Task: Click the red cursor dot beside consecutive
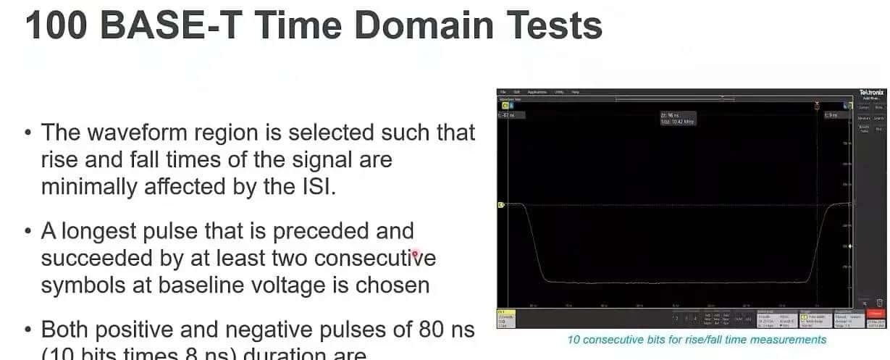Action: point(415,254)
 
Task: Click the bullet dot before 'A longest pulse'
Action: point(28,232)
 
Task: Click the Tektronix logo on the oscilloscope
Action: point(871,93)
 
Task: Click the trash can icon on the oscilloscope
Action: point(879,302)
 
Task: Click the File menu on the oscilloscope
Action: point(503,93)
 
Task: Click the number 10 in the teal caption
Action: point(573,339)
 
